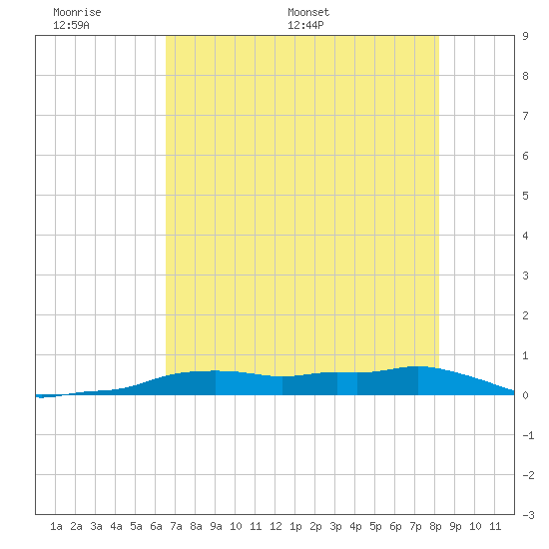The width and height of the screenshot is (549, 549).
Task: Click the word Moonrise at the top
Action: [x=77, y=12]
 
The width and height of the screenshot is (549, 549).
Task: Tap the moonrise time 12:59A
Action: [x=71, y=25]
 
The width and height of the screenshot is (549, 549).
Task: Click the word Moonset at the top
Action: [x=308, y=12]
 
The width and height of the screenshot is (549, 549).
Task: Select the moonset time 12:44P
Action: [x=305, y=25]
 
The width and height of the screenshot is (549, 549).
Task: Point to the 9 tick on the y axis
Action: [x=525, y=36]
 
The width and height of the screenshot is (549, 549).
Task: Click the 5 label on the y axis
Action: [x=525, y=196]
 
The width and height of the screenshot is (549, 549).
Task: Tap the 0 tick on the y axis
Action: [x=525, y=395]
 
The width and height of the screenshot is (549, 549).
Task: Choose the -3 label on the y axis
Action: [x=528, y=515]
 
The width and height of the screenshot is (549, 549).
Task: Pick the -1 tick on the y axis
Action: [x=528, y=435]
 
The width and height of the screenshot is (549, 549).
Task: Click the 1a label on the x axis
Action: [x=56, y=526]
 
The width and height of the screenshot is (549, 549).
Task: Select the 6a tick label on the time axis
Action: [x=156, y=526]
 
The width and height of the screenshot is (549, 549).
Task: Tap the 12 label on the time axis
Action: [x=275, y=526]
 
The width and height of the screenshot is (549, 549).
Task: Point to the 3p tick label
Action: [x=335, y=526]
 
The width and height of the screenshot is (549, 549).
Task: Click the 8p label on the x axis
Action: [x=435, y=526]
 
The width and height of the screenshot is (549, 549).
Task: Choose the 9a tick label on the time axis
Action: [x=216, y=526]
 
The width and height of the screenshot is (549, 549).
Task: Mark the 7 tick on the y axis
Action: [x=525, y=116]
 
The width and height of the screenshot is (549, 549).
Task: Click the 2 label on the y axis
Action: [x=525, y=315]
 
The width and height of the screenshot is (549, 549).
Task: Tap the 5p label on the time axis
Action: [x=375, y=526]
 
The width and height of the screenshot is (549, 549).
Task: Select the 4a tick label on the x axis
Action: [x=116, y=526]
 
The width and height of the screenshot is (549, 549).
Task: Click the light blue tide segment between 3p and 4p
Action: [x=347, y=383]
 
